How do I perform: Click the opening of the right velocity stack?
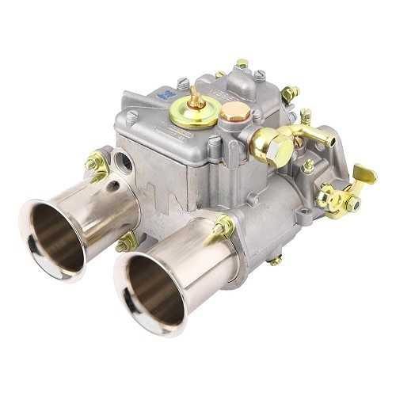pos(150,290)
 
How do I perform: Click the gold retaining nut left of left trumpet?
pos(97,163)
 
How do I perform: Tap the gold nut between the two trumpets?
pos(126,242)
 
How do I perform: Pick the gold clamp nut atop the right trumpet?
pos(224,228)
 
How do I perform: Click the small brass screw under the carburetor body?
pos(274,259)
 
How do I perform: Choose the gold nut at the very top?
pos(242,63)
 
